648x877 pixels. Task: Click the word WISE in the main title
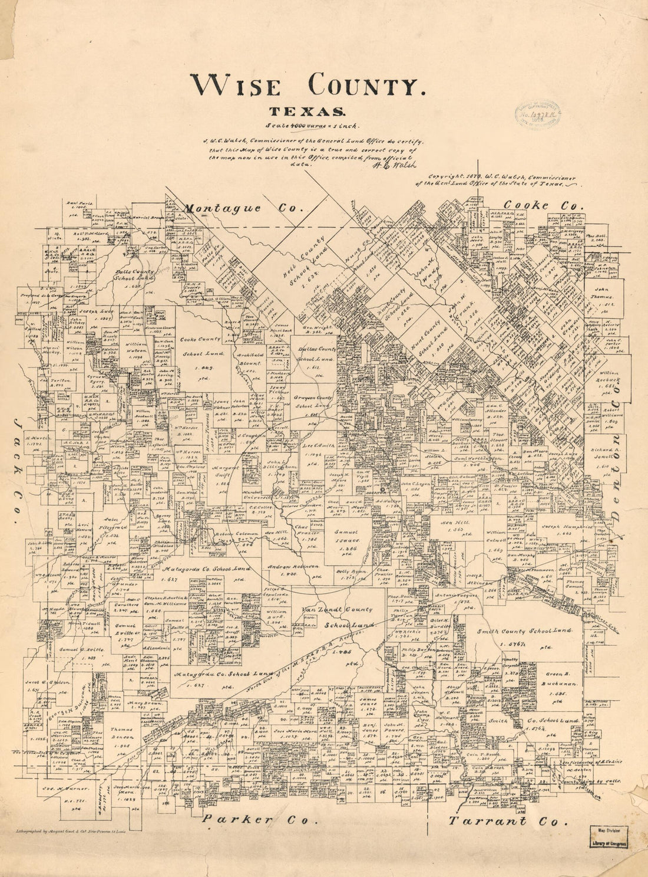tap(234, 87)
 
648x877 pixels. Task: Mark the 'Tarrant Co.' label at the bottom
tap(508, 820)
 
